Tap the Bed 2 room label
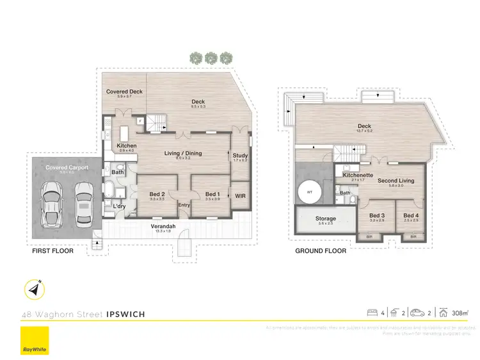pos(157,194)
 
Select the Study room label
pos(240,156)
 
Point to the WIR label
pos(241,195)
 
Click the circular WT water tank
pos(310,193)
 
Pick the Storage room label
pos(325,219)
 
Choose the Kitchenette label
pos(354,175)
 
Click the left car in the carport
pos(52,204)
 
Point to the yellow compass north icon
pos(34,290)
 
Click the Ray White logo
pos(34,340)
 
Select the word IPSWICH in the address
pos(125,314)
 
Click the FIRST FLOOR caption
pos(52,251)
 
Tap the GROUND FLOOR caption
pos(321,251)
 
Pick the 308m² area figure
pos(458,313)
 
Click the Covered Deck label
pos(124,92)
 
